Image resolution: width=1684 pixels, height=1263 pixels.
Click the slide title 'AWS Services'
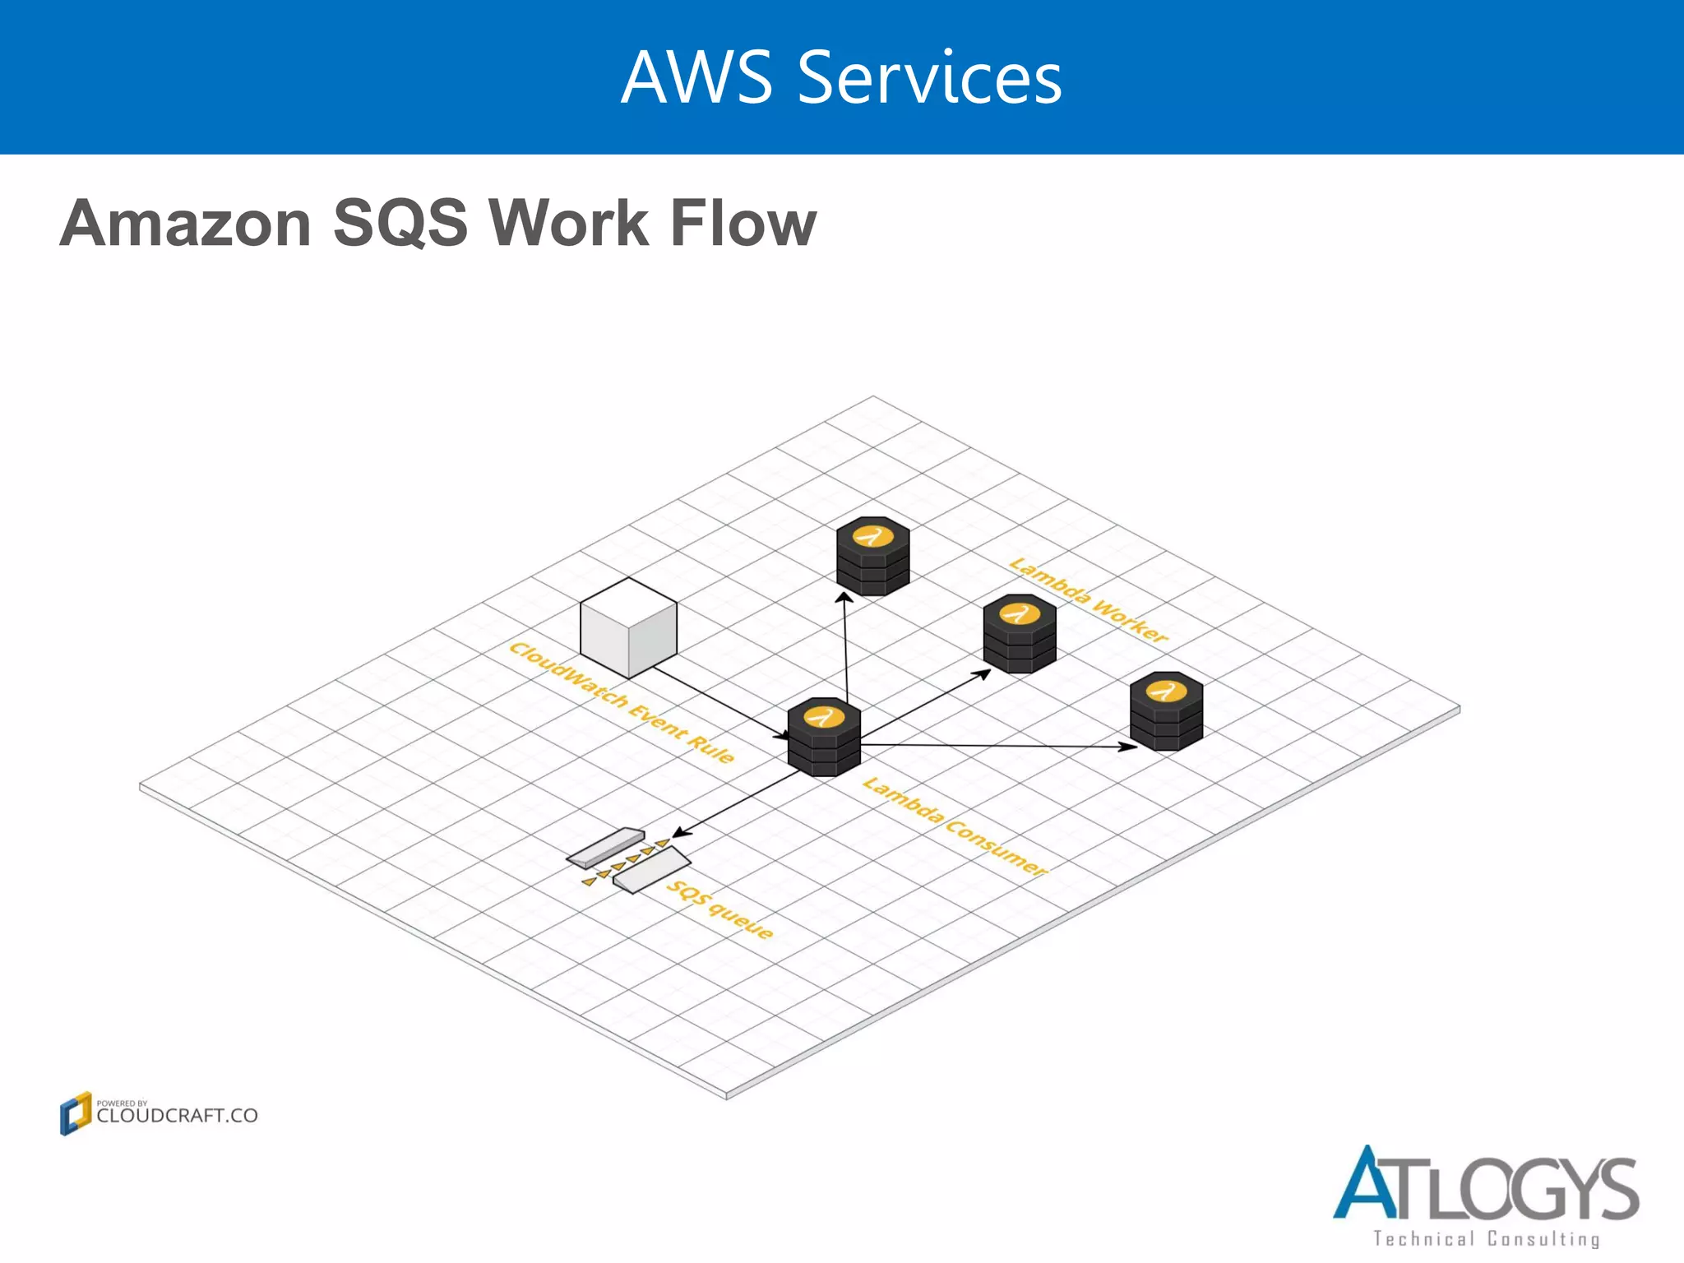click(841, 77)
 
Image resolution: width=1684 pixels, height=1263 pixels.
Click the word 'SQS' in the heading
click(400, 224)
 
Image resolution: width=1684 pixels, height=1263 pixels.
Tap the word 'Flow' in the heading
click(743, 224)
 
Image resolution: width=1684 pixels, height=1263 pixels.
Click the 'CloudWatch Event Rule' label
click(621, 703)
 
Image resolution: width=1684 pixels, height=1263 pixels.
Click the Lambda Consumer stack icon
click(824, 738)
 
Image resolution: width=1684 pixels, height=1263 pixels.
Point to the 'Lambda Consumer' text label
click(955, 826)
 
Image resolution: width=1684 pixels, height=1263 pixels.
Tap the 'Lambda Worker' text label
click(1088, 601)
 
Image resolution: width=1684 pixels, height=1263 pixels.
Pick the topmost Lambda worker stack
click(872, 556)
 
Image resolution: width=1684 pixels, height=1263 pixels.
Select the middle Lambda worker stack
click(1020, 634)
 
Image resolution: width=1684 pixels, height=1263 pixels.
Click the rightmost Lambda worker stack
click(1166, 711)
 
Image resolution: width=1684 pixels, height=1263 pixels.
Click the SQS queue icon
click(629, 860)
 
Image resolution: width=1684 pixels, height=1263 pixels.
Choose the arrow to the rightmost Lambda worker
click(999, 746)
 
